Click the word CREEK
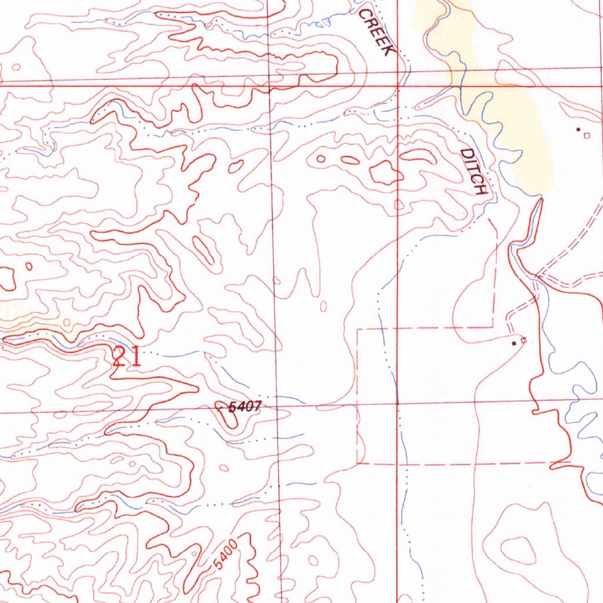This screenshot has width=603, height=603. click(x=376, y=33)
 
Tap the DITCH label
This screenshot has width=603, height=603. click(x=475, y=171)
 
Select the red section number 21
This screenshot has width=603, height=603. click(x=127, y=357)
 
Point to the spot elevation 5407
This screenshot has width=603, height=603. click(x=244, y=406)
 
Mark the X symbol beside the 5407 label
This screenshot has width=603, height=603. click(x=221, y=406)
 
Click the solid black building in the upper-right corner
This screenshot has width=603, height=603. click(x=578, y=129)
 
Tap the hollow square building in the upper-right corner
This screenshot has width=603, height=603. click(x=586, y=135)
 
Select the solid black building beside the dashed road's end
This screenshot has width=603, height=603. click(x=515, y=342)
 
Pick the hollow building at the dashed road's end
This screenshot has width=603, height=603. click(x=523, y=340)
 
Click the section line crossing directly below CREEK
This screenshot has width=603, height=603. click(x=398, y=87)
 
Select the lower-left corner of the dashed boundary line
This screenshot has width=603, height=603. click(x=357, y=463)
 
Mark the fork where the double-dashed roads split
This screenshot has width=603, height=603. click(x=537, y=276)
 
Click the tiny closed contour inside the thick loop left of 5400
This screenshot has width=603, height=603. click(x=194, y=554)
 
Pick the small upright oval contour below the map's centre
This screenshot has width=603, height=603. click(x=323, y=306)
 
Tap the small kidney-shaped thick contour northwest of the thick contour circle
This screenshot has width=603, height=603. click(x=236, y=167)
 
